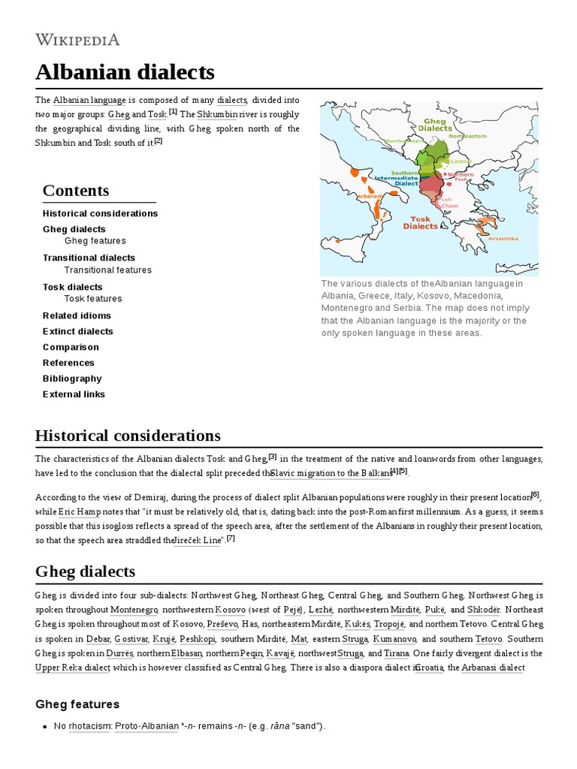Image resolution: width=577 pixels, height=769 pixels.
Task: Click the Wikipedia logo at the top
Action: coord(77,39)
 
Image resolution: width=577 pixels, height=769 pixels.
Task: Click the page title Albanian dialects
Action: coord(125,72)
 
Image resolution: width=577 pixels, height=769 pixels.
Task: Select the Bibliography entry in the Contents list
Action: coord(72,378)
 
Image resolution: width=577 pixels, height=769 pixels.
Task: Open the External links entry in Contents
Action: coord(74,394)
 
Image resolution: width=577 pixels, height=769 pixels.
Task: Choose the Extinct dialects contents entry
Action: coord(77,331)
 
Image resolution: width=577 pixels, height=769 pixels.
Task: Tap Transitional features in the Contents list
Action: coord(107,270)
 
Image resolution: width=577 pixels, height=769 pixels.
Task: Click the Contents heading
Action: coord(76,190)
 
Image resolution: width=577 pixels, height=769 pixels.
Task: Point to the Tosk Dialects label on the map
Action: coord(421,222)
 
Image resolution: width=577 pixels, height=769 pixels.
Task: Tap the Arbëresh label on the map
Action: coord(369,195)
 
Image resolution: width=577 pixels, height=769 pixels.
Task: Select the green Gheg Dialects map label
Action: coord(435,124)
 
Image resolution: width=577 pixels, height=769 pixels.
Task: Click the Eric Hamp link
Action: coord(76,511)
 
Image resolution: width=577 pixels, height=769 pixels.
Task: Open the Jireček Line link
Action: coord(198,540)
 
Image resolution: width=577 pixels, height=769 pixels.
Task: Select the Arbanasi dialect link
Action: coord(492,667)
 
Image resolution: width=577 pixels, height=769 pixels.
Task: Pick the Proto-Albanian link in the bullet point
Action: coord(147,726)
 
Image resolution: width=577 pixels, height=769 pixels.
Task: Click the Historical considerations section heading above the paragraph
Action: coord(128,436)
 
